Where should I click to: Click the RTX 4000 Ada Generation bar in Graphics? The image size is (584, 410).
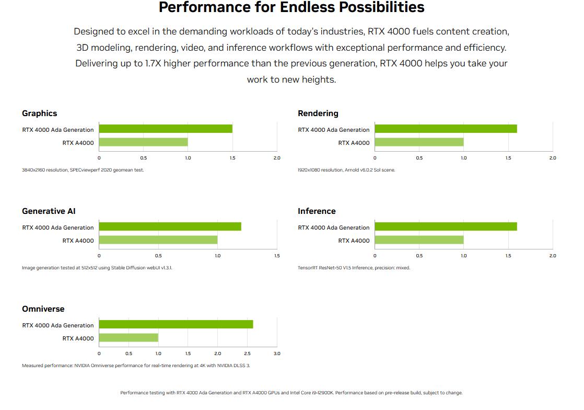tap(166, 129)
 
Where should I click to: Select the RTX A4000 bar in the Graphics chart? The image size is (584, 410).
tap(144, 142)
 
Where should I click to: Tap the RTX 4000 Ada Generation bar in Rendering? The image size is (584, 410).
tap(446, 129)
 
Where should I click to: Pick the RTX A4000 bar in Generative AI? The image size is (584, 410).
tap(158, 240)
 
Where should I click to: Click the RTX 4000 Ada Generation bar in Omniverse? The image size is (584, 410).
tap(176, 324)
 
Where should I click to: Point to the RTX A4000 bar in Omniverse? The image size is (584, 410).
tap(129, 338)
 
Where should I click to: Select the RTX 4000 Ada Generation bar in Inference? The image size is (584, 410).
tap(446, 226)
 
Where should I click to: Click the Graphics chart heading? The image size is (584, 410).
tap(40, 113)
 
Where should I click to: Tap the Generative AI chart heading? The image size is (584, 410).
tap(49, 211)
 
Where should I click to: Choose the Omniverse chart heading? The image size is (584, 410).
tap(43, 309)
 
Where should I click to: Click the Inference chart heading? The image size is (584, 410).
tap(317, 211)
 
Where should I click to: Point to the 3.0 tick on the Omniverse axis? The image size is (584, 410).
tap(277, 354)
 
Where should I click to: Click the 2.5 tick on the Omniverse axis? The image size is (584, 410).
tap(247, 354)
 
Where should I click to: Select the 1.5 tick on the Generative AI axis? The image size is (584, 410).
tap(277, 256)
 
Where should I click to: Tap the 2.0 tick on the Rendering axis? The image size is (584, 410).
tap(553, 158)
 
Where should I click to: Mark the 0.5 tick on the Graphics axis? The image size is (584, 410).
tap(144, 158)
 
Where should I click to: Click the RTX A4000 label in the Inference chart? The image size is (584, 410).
tap(354, 241)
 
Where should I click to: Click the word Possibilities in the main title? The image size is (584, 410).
tap(353, 7)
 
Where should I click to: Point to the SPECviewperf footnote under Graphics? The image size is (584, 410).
tap(83, 170)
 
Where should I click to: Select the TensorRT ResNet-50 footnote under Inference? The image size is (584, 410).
tap(354, 268)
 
